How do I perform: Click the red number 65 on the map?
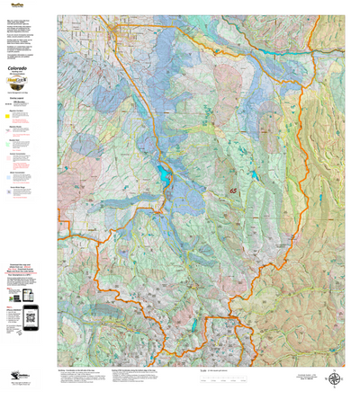pyautogui.click(x=234, y=190)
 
